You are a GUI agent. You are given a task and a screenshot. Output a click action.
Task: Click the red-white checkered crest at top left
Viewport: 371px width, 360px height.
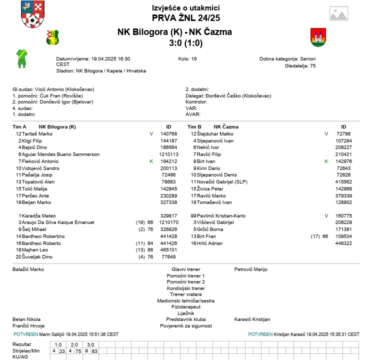coord(31,14)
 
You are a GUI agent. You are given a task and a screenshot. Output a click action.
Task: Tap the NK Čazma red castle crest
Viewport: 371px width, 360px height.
coord(318,37)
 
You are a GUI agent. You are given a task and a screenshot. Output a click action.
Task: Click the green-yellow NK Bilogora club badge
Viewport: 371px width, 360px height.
coord(52,37)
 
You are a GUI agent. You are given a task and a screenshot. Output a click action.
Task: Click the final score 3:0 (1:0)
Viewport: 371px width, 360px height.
coord(185,43)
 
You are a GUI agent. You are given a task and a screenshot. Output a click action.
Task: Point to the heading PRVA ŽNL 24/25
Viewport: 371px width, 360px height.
coord(185,18)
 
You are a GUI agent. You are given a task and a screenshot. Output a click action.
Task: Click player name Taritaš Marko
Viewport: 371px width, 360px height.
coord(37,134)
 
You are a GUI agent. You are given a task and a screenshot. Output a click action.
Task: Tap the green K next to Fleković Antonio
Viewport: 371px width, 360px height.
coord(151,161)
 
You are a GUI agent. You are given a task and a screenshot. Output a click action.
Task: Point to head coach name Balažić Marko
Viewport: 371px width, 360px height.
coord(28,269)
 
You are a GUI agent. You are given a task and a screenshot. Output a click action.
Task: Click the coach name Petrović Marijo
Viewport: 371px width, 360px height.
coord(250,269)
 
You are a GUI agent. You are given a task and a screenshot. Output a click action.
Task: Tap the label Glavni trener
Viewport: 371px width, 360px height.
coord(185,269)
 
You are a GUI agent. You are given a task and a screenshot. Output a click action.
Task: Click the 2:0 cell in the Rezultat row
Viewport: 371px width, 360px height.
coord(74,344)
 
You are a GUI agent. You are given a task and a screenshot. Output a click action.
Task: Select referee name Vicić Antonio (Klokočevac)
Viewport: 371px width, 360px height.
coord(65,89)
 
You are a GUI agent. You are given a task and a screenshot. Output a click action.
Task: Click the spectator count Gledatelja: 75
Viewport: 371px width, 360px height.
coord(300,65)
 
